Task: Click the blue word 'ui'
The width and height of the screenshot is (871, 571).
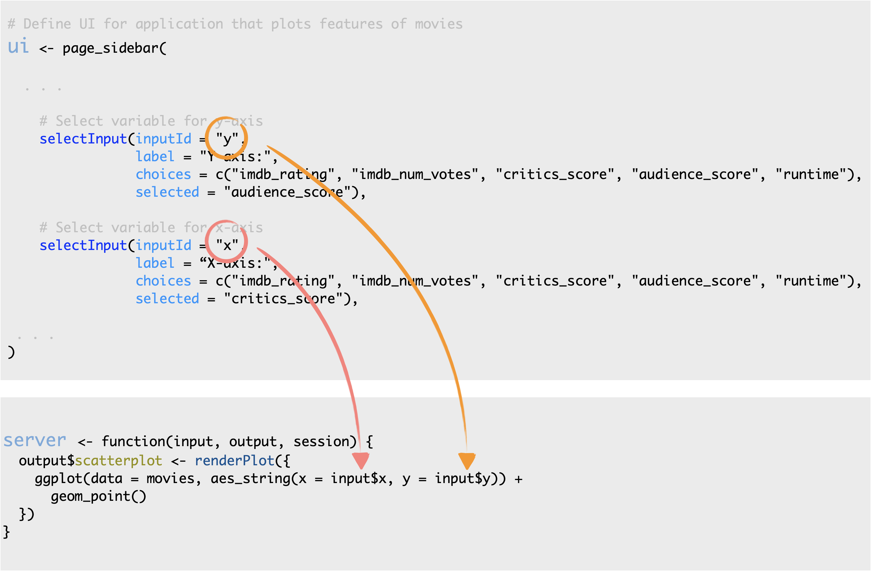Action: click(x=18, y=46)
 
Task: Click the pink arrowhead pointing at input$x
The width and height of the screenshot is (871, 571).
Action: click(x=361, y=461)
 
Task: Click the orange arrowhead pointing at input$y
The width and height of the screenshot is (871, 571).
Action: click(x=467, y=461)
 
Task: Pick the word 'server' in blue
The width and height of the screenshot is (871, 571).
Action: click(x=35, y=440)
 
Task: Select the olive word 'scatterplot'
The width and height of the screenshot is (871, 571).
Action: click(x=119, y=461)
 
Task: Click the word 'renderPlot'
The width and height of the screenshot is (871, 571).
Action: click(x=234, y=461)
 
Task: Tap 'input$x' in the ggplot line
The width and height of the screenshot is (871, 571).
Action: click(x=359, y=478)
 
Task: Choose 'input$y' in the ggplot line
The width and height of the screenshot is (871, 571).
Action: click(x=463, y=478)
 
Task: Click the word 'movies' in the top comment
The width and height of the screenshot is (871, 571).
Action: click(x=439, y=24)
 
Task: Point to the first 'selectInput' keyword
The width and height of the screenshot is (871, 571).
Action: click(x=83, y=139)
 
